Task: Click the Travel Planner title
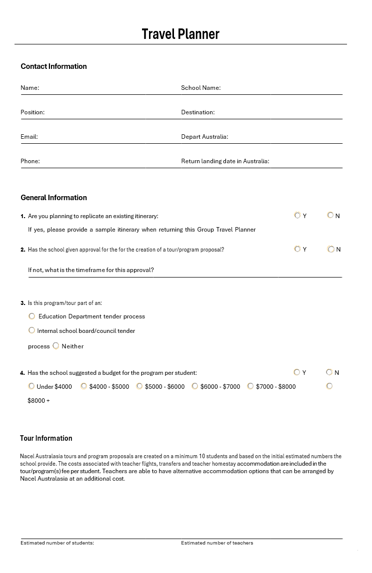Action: coord(180,34)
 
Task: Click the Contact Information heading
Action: coord(53,66)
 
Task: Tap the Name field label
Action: coord(29,88)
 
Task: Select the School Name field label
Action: coord(200,88)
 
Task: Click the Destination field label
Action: coord(197,112)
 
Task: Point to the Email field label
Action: coord(29,137)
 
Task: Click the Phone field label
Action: coord(30,161)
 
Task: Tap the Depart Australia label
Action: coord(204,137)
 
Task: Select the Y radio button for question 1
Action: coord(297,216)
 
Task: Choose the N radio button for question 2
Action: coord(330,249)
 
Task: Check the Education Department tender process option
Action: coord(32,316)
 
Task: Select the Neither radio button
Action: coord(56,346)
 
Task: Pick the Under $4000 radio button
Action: coord(31,386)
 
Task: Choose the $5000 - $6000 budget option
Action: coord(139,386)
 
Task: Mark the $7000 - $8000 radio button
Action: coord(250,386)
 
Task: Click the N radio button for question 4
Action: coord(329,372)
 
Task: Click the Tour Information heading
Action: coord(46,438)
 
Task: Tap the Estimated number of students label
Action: coord(57,543)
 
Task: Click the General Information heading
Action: coord(53,198)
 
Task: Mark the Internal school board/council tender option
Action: coord(32,330)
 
